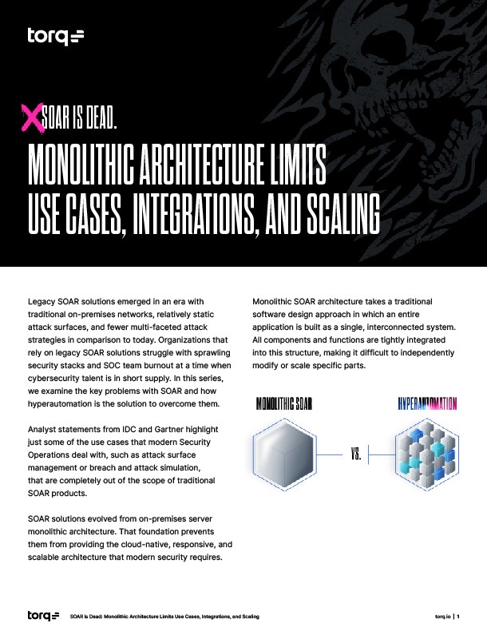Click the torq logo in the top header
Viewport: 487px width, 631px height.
[x=55, y=36]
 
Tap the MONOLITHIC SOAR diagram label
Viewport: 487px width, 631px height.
[x=283, y=403]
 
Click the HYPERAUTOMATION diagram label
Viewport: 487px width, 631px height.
[x=427, y=403]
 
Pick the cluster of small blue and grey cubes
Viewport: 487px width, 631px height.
[x=426, y=456]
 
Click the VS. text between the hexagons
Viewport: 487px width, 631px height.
[x=356, y=456]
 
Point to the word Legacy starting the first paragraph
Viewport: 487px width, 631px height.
[x=42, y=301]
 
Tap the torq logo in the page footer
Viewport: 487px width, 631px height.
[x=43, y=616]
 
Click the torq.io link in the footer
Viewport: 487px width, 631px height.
[x=443, y=617]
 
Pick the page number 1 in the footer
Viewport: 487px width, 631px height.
[x=458, y=617]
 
